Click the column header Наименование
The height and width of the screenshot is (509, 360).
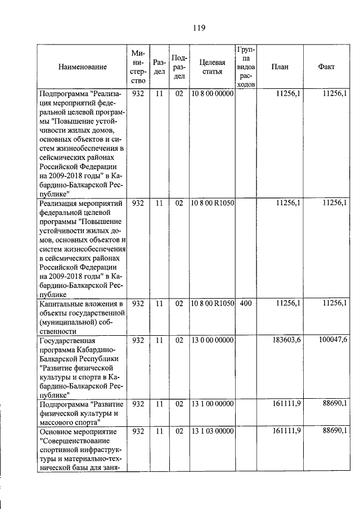82,67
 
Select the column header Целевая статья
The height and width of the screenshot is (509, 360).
213,66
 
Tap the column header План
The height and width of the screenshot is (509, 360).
280,66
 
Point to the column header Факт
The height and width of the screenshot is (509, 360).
326,66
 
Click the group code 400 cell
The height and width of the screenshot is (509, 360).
246,304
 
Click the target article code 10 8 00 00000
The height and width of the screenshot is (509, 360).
212,94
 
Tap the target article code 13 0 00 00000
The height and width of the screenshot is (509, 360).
212,340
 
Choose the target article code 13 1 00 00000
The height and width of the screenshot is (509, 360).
212,403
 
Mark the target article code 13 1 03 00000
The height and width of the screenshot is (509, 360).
212,431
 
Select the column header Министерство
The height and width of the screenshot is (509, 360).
138,67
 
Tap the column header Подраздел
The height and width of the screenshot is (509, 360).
179,67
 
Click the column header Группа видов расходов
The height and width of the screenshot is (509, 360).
246,66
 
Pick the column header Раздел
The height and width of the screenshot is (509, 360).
159,67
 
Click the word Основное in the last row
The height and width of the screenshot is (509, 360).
56,431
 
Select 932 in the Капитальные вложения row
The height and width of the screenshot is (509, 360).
138,304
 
